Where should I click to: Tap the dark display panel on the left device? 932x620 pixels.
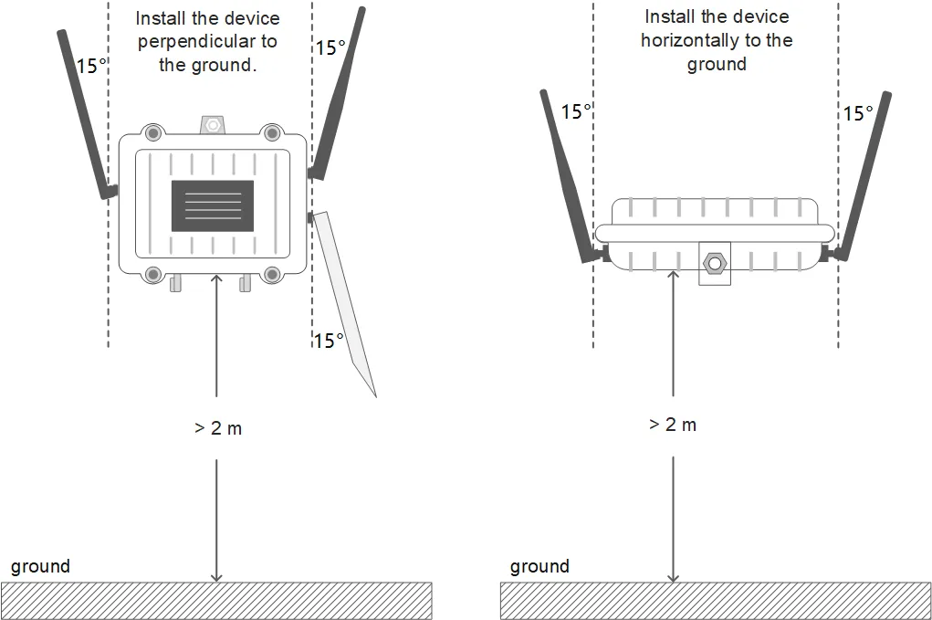tap(213, 205)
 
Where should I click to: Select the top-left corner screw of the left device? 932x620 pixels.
tap(153, 132)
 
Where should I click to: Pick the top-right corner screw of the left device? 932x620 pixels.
tap(272, 132)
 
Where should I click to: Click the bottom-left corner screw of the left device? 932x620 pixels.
tap(153, 274)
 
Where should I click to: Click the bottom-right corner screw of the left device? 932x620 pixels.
tap(272, 274)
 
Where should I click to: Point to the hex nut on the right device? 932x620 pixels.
tap(715, 263)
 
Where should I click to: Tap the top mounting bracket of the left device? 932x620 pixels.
tap(213, 125)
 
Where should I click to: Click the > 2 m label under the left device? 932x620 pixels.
tap(218, 428)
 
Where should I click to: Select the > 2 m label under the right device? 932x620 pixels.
tap(673, 425)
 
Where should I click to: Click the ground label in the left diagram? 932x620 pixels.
tap(40, 566)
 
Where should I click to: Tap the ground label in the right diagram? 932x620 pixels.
tap(539, 566)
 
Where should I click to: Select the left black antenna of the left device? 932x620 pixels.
tap(87, 113)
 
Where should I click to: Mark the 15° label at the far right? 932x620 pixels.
tap(859, 113)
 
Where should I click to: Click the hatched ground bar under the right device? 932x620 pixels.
tap(716, 601)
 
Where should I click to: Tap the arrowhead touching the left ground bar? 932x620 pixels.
tap(216, 577)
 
